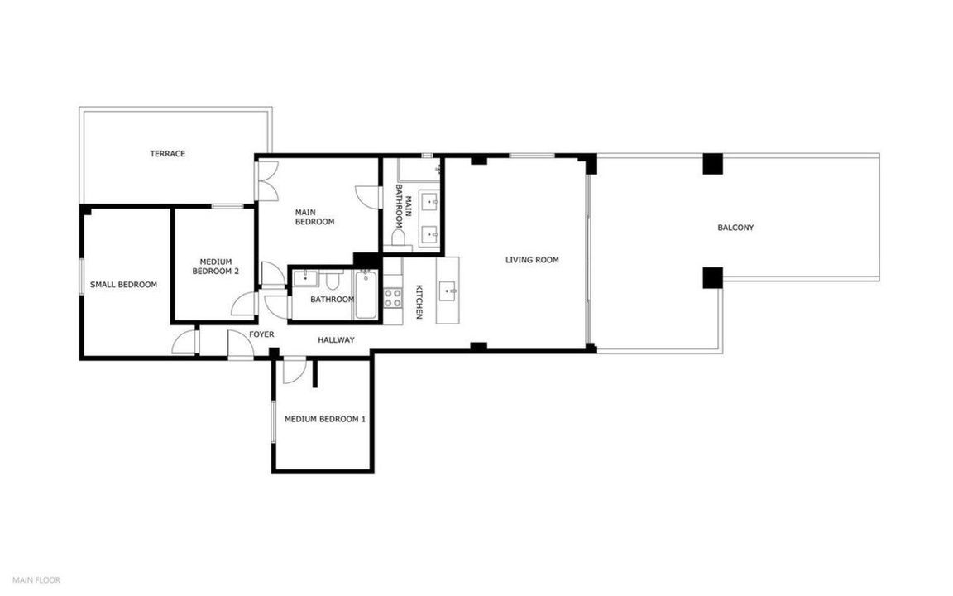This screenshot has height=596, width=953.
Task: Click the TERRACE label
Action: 168,154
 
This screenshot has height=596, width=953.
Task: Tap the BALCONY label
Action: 735,228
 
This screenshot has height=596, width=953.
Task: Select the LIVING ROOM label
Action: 532,260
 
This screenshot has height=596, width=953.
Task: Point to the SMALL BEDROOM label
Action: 123,285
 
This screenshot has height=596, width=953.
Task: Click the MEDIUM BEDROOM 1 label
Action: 325,419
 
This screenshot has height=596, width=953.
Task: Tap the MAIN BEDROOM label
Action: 315,217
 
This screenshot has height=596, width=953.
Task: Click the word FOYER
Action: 261,334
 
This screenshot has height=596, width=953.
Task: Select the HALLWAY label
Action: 336,340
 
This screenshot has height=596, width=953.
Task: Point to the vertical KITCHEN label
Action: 419,301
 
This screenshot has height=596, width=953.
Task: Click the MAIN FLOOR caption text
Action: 36,580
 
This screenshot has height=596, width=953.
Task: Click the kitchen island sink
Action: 450,291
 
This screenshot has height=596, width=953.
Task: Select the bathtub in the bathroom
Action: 366,295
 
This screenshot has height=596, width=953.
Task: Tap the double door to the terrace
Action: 268,180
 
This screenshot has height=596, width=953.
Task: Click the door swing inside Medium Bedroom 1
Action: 294,372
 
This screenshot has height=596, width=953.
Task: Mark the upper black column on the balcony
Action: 712,164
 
